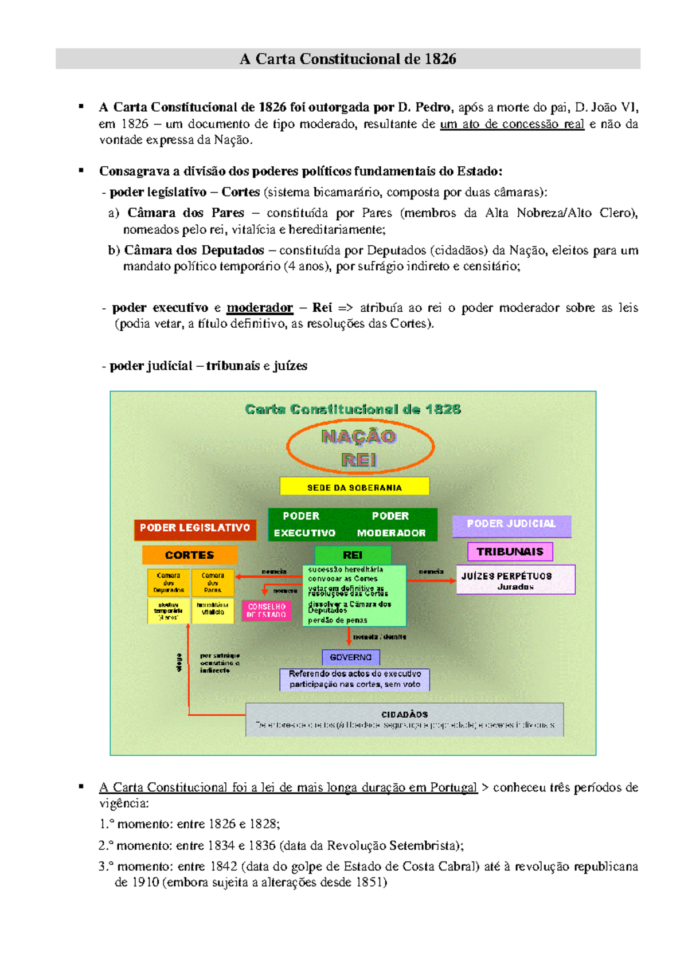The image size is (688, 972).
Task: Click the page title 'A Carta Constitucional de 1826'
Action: pos(347,59)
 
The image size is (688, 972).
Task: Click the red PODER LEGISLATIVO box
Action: pos(195,528)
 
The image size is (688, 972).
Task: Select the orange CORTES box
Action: pos(190,555)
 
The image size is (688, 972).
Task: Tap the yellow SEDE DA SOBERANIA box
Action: pos(354,487)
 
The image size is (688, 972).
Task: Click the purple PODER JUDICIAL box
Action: pos(511,524)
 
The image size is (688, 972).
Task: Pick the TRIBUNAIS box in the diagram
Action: pos(510,551)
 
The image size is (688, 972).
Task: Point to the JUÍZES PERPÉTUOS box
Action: pos(515,580)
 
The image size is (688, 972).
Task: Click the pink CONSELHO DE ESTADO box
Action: pos(267,610)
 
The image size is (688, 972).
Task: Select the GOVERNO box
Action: pos(351,657)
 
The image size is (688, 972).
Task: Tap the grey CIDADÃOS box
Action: pos(405,720)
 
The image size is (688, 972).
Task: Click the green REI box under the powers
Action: pos(353,555)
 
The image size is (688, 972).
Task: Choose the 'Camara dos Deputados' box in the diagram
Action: pos(169,583)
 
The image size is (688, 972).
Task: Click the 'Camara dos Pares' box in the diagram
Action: pos(213,583)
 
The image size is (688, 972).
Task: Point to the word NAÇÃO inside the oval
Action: pos(359,437)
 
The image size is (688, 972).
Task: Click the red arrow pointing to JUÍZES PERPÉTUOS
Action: pos(431,580)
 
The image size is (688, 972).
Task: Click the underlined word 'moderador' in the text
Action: pos(260,308)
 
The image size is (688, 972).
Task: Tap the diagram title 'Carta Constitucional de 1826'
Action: pos(353,409)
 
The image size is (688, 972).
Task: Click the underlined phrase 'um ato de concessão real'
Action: pos(512,124)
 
